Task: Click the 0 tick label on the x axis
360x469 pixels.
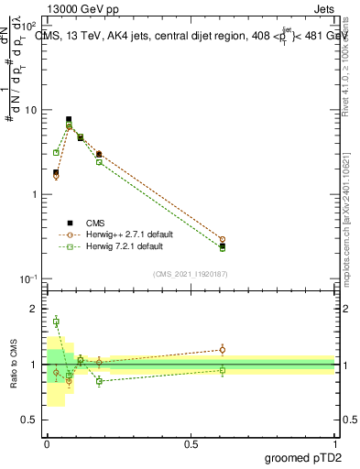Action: pos(47,444)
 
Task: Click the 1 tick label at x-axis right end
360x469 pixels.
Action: pos(335,444)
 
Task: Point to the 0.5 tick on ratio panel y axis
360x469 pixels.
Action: pos(31,420)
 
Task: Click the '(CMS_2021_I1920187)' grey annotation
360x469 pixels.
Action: pos(191,272)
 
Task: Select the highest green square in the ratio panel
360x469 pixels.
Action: pos(56,321)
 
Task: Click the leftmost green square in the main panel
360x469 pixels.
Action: pos(56,153)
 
